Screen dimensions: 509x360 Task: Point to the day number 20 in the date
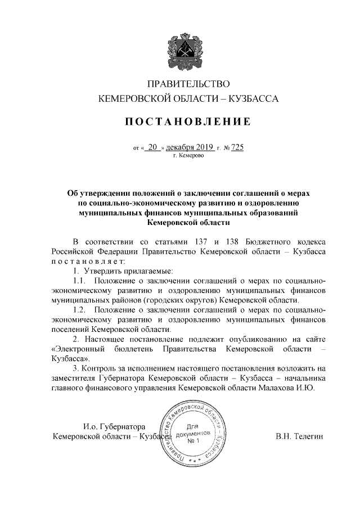point(152,147)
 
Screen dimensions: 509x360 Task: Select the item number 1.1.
point(81,281)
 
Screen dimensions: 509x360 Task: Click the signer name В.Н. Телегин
point(299,436)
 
